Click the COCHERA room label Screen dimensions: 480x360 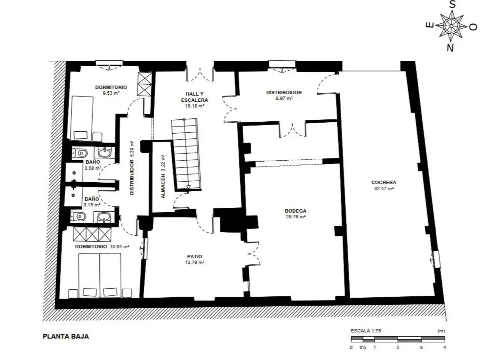(384, 182)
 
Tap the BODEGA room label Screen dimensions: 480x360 (295, 211)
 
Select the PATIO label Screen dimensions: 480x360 (195, 256)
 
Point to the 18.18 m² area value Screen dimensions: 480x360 (195, 106)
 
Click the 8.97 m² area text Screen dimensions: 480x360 (284, 98)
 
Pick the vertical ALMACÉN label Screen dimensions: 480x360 (163, 186)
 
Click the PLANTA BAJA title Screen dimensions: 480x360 (66, 336)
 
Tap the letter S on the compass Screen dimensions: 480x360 (452, 4)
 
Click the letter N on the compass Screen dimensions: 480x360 (450, 48)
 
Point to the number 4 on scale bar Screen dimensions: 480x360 (444, 347)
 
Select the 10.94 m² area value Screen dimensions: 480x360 (119, 247)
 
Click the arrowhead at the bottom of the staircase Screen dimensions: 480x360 (188, 187)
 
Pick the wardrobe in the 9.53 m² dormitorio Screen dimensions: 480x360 (145, 84)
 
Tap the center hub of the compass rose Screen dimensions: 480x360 (451, 26)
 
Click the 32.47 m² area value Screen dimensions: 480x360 (384, 189)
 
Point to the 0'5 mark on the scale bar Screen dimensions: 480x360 (363, 347)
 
